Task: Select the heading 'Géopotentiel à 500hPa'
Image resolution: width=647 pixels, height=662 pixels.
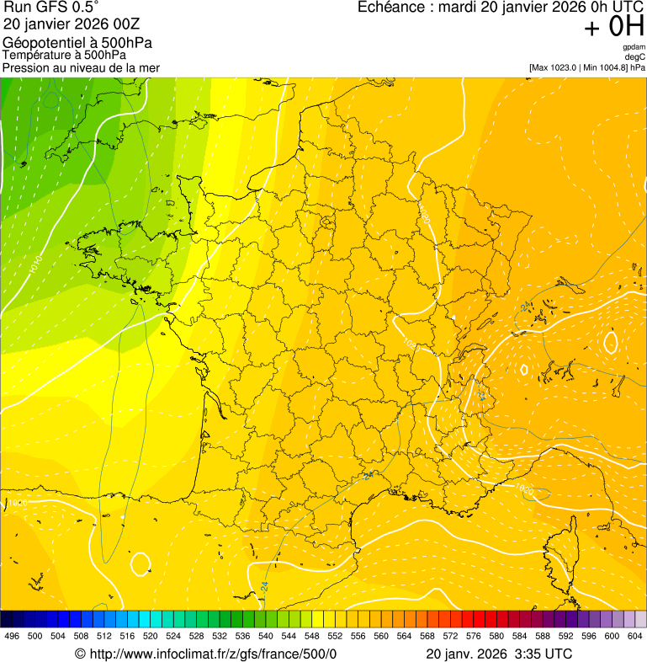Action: [x=77, y=43]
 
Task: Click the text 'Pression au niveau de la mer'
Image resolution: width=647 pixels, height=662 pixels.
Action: [x=81, y=67]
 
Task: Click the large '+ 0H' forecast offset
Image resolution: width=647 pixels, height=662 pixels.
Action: [x=614, y=27]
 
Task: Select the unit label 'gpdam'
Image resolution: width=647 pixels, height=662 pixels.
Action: [x=634, y=47]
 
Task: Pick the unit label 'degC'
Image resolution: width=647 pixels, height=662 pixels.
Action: [x=635, y=57]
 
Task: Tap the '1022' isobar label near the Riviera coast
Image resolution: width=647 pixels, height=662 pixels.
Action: [x=524, y=488]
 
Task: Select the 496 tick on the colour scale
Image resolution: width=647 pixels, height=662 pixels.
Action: [x=12, y=636]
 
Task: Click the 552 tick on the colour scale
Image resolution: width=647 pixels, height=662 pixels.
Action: [x=335, y=636]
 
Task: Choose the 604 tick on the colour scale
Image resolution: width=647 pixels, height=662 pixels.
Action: [x=635, y=636]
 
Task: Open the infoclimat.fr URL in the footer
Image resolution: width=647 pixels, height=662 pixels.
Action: [x=205, y=654]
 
